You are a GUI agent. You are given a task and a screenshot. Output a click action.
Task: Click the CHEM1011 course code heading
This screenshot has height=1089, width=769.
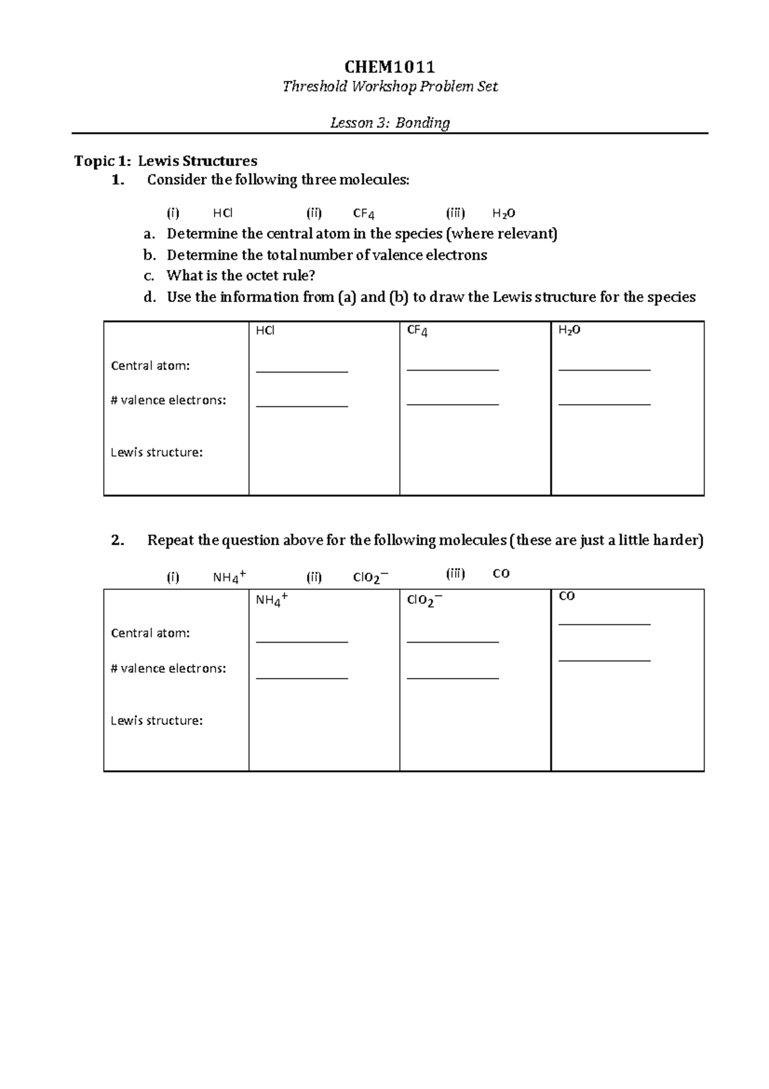tap(390, 67)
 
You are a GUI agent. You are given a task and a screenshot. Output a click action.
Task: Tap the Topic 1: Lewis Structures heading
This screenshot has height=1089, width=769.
tap(166, 161)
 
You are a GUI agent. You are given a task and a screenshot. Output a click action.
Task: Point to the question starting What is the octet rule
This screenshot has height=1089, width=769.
tap(241, 276)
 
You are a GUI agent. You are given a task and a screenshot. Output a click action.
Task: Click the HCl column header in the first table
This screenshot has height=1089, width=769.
tap(265, 331)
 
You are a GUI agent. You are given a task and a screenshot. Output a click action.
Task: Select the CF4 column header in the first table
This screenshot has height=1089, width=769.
tap(417, 331)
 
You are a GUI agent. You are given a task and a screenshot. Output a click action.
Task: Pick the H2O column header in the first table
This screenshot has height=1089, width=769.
tap(569, 330)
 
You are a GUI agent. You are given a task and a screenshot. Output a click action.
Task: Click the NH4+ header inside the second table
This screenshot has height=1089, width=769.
tap(271, 600)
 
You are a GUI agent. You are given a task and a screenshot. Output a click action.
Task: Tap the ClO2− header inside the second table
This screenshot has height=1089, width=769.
tap(424, 600)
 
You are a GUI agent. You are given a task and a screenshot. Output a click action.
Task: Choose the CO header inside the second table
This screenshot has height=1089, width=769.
tap(566, 596)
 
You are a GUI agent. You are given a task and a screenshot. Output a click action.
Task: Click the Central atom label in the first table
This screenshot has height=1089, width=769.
tap(150, 366)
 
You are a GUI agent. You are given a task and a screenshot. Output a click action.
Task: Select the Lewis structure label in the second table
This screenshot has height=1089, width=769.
tap(156, 721)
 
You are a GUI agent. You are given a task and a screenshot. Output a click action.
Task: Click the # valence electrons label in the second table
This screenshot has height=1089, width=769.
tap(168, 668)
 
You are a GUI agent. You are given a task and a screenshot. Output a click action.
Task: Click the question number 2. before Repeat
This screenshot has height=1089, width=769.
tap(117, 540)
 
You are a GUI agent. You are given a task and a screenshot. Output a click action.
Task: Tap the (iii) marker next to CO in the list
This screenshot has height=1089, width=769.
tap(455, 573)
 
